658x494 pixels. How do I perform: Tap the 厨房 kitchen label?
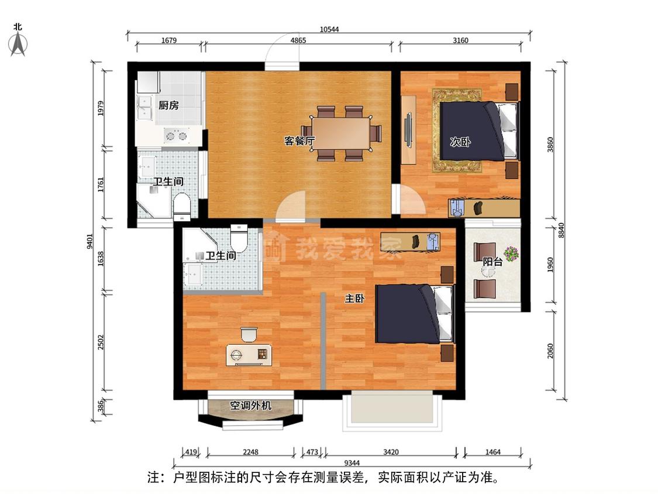[x=168, y=105]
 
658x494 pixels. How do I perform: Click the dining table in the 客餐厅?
[x=341, y=132]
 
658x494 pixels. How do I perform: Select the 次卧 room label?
[x=460, y=142]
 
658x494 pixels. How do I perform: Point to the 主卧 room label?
[x=354, y=299]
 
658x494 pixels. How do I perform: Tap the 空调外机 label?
[x=250, y=406]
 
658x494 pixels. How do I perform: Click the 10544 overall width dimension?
[x=329, y=29]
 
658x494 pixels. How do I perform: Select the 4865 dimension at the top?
[x=298, y=40]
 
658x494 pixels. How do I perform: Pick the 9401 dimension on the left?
[x=89, y=242]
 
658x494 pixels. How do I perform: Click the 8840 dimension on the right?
[x=561, y=230]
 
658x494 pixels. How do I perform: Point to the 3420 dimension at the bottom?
[x=391, y=452]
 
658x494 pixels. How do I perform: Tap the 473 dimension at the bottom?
[x=312, y=452]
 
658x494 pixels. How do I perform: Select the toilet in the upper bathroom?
[x=182, y=205]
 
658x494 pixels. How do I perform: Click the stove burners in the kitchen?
[x=176, y=136]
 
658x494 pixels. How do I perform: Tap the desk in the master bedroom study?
[x=249, y=355]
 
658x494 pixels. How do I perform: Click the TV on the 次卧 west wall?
[x=408, y=130]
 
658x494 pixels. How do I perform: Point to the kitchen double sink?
[x=144, y=108]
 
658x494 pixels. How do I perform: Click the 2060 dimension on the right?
[x=550, y=351]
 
